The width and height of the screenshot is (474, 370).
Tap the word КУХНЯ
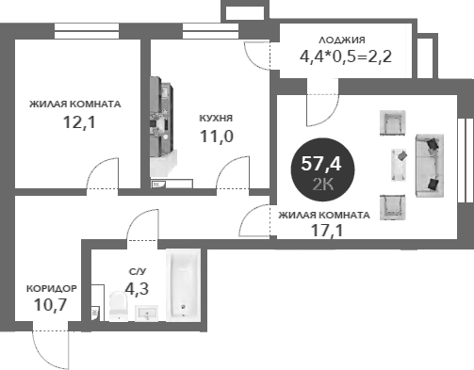216,119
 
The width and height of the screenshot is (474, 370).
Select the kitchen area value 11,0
216,136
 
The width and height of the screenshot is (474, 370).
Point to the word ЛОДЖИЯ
342,40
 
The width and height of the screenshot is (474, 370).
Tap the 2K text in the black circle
321,184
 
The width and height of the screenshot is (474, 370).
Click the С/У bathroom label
138,271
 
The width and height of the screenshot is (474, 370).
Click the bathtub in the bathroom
183,283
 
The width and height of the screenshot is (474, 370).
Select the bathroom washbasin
147,312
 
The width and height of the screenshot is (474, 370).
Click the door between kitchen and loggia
260,54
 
